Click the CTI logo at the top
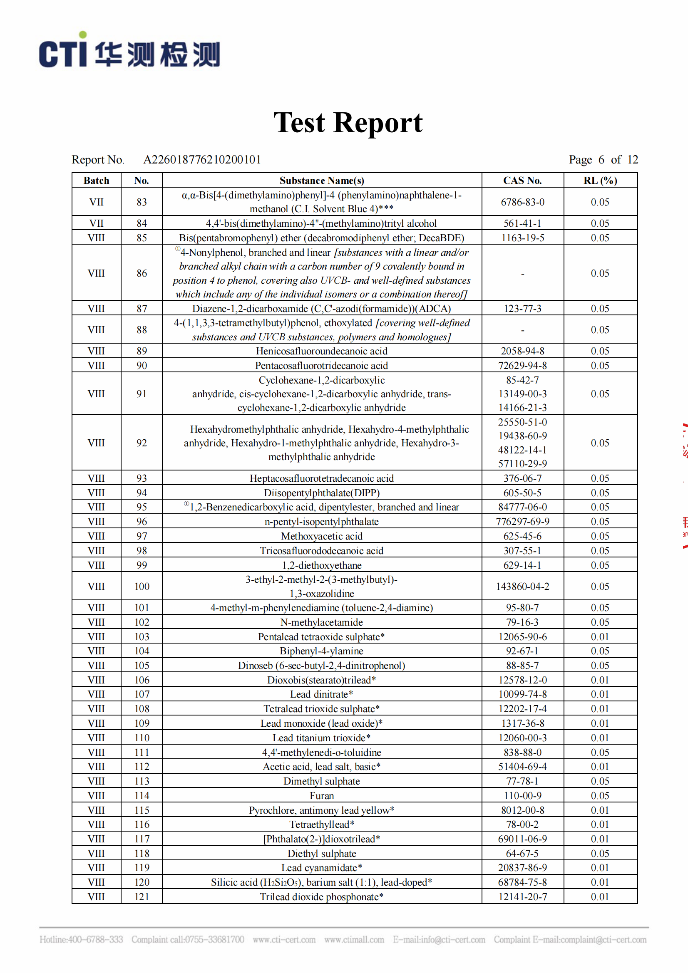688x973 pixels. [x=129, y=51]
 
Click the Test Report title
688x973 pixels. [x=348, y=123]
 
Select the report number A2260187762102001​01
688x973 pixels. [x=202, y=160]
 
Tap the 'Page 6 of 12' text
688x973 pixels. [x=603, y=160]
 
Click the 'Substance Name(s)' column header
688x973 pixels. [x=322, y=181]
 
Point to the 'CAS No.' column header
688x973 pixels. [x=522, y=181]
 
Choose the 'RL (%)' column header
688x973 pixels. [x=600, y=181]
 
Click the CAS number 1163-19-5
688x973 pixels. [x=522, y=238]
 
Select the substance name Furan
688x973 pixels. [x=322, y=795]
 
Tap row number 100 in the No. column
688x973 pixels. [x=142, y=586]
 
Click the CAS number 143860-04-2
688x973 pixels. [x=522, y=586]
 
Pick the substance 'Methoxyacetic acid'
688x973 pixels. [x=322, y=536]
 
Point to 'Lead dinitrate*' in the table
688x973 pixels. [x=322, y=694]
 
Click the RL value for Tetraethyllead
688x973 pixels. [x=600, y=824]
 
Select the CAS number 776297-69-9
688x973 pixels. [x=522, y=522]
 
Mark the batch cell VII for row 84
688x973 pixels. [x=96, y=223]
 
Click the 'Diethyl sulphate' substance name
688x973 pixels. [x=322, y=853]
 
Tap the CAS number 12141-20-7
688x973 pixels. [x=522, y=897]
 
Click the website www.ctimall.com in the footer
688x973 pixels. [x=354, y=940]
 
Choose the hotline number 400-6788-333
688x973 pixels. [x=95, y=940]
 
